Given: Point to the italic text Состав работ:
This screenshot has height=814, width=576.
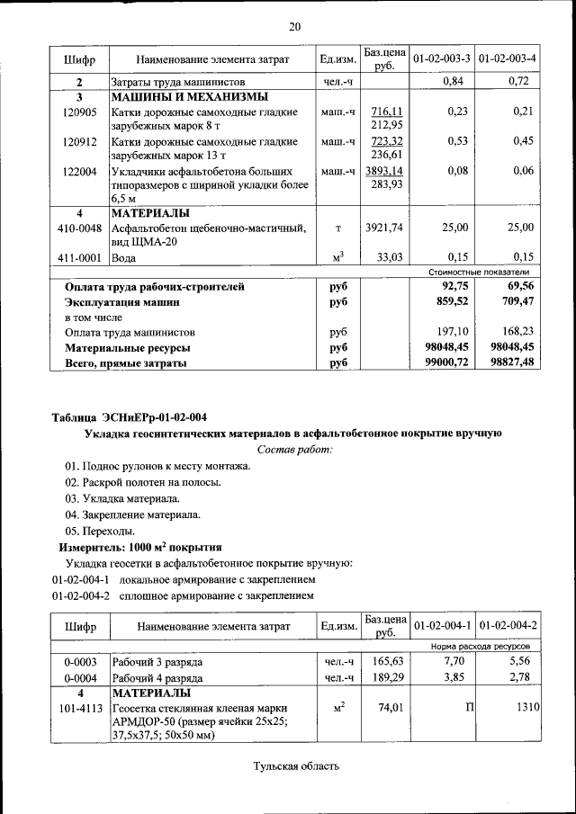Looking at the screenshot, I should (x=294, y=448).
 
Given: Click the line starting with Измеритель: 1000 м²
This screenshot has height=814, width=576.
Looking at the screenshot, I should (x=139, y=547).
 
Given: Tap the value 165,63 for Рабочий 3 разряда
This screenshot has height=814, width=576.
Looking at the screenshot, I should (x=384, y=662).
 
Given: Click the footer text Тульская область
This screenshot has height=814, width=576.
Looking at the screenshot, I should (x=296, y=766).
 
